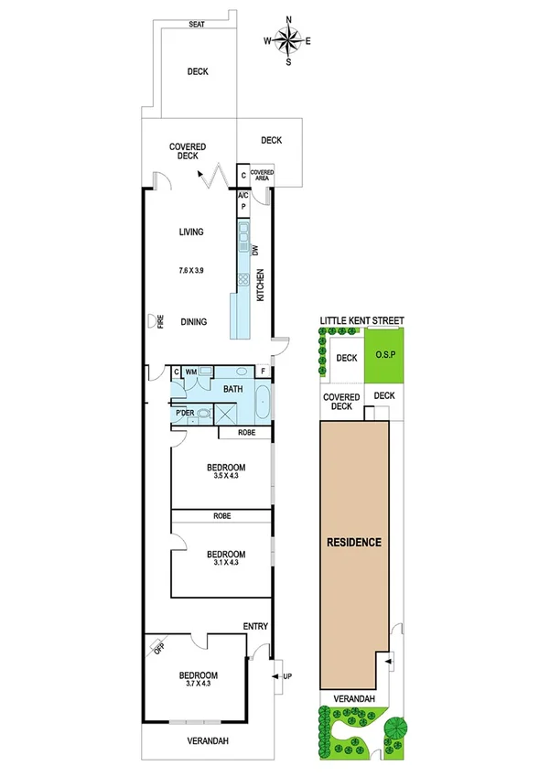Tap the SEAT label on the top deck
coord(197,25)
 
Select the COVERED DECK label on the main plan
coord(188,151)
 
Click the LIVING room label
coord(190,232)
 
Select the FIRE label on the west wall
coord(159,321)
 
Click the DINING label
coord(193,321)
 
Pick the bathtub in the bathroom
coord(263,402)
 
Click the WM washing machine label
coord(191,372)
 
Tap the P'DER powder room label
coord(185,414)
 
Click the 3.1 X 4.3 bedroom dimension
coord(224,564)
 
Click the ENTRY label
coord(255,626)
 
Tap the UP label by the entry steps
coord(287,676)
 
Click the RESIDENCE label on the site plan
coord(353,542)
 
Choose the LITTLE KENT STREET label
coord(361,321)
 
